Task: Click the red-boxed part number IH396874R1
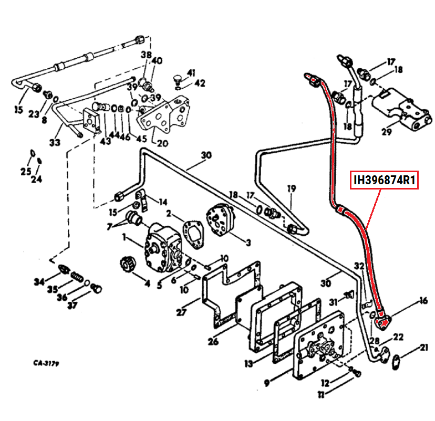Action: (385, 181)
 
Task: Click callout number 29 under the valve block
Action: (387, 131)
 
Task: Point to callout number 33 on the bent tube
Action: (55, 142)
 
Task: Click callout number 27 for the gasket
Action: (181, 313)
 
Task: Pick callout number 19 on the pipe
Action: (292, 188)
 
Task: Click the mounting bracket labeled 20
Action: (164, 119)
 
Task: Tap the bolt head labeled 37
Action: (96, 288)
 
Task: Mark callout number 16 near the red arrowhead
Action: (423, 301)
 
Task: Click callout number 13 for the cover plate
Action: (248, 363)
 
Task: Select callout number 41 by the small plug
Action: (191, 72)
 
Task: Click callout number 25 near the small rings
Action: (26, 172)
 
